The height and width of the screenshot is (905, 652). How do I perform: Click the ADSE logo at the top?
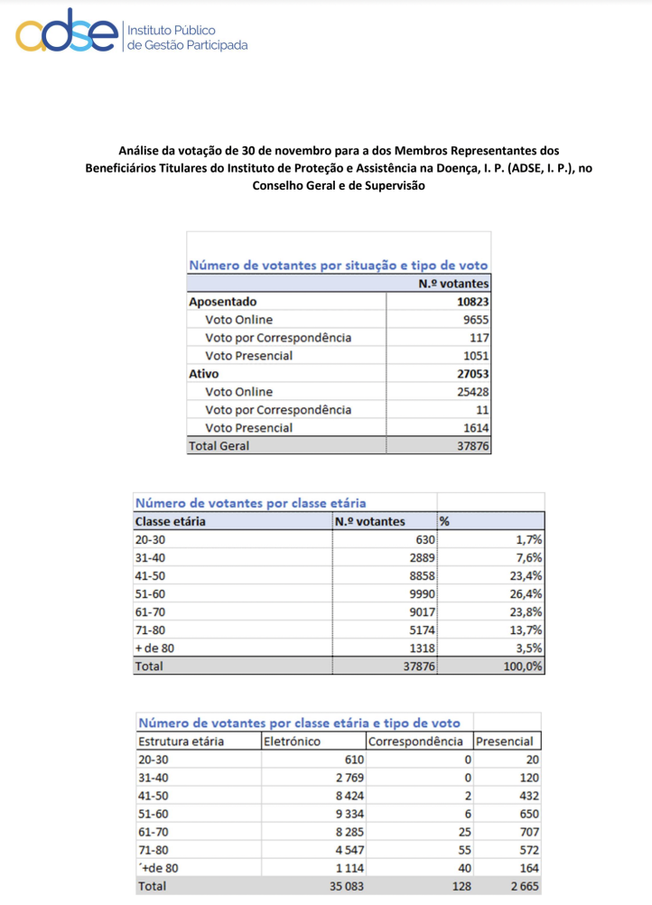pyautogui.click(x=68, y=34)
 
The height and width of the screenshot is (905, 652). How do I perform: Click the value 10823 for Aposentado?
pyautogui.click(x=473, y=302)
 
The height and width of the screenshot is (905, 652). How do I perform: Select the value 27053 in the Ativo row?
pyautogui.click(x=473, y=374)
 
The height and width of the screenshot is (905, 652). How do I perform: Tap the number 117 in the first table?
pyautogui.click(x=479, y=338)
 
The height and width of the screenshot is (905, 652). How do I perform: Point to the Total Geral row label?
pyautogui.click(x=219, y=445)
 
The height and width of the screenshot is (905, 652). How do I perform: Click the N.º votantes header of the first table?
pyautogui.click(x=453, y=284)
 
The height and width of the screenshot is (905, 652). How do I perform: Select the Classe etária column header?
pyautogui.click(x=171, y=521)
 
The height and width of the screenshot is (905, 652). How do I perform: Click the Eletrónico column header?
pyautogui.click(x=292, y=742)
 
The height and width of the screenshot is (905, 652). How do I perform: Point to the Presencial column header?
pyautogui.click(x=505, y=742)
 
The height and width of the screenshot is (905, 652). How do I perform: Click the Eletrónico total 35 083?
pyautogui.click(x=337, y=886)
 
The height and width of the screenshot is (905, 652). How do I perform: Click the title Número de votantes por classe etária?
pyautogui.click(x=251, y=503)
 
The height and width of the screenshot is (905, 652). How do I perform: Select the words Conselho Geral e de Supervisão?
pyautogui.click(x=338, y=186)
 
